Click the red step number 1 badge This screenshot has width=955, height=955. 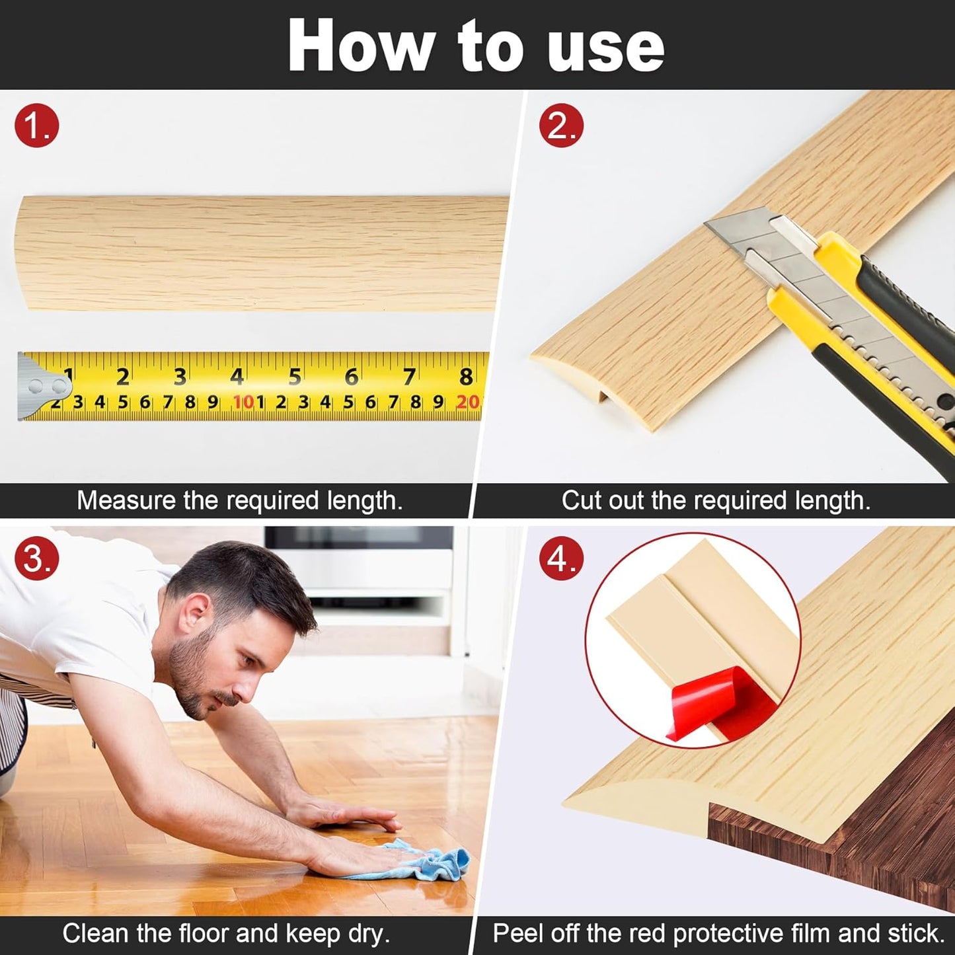(37, 125)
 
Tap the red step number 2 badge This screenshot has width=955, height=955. (561, 125)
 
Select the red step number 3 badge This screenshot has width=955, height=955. (37, 558)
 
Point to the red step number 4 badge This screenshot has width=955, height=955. (561, 558)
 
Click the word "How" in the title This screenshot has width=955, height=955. (361, 46)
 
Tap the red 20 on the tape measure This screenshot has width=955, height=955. (467, 402)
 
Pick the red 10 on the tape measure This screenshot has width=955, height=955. (243, 402)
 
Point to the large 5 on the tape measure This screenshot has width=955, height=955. (295, 377)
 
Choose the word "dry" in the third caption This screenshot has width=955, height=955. (367, 934)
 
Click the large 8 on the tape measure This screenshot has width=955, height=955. (466, 377)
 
